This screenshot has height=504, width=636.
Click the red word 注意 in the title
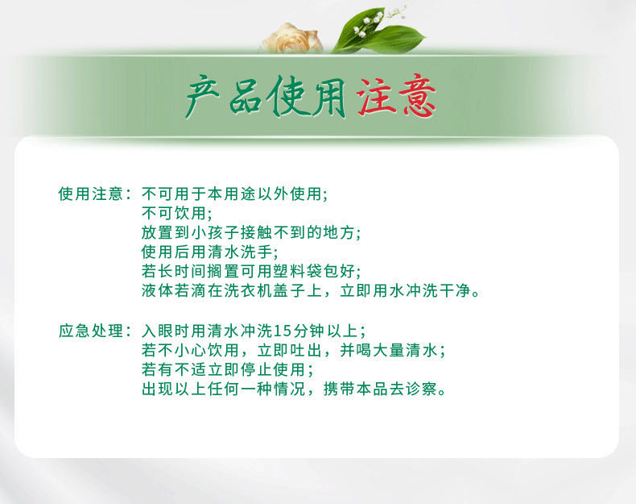tap(396, 96)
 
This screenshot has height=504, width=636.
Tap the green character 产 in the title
tap(202, 97)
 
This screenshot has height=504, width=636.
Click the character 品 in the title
tap(245, 98)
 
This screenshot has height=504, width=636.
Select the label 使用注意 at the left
tap(90, 194)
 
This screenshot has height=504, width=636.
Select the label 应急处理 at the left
tap(90, 331)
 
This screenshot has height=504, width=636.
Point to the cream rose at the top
tap(291, 39)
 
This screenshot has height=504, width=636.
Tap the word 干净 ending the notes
tap(454, 291)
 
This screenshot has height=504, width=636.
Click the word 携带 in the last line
tap(339, 389)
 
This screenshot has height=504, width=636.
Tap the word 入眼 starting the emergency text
tap(157, 331)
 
